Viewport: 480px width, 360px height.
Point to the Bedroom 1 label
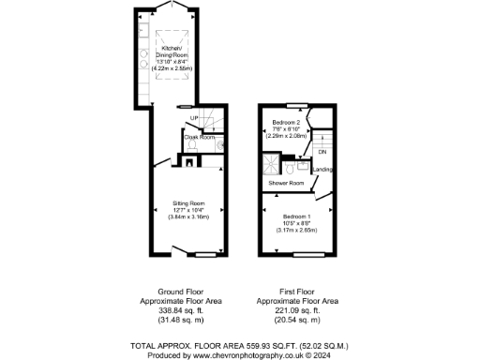[x=297, y=217]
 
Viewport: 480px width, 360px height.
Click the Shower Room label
[x=286, y=183]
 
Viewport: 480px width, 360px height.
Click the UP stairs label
[x=194, y=118]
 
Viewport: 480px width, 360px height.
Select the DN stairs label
[x=322, y=152]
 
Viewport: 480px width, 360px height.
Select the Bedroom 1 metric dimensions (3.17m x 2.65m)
[x=297, y=230]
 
